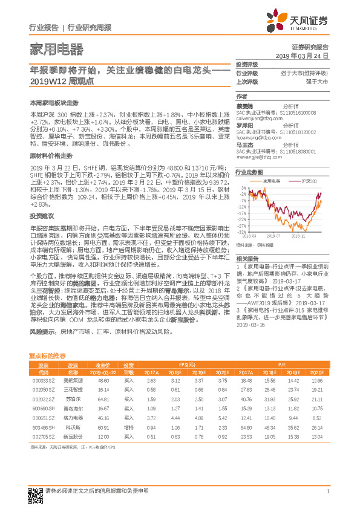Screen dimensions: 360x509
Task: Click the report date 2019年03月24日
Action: (306, 55)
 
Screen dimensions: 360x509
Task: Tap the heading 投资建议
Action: (39, 198)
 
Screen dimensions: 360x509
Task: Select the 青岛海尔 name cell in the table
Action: (73, 409)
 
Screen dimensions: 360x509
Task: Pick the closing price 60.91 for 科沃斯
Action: (103, 428)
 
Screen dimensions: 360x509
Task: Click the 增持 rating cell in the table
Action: (129, 428)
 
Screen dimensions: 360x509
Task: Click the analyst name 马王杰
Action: (244, 145)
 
